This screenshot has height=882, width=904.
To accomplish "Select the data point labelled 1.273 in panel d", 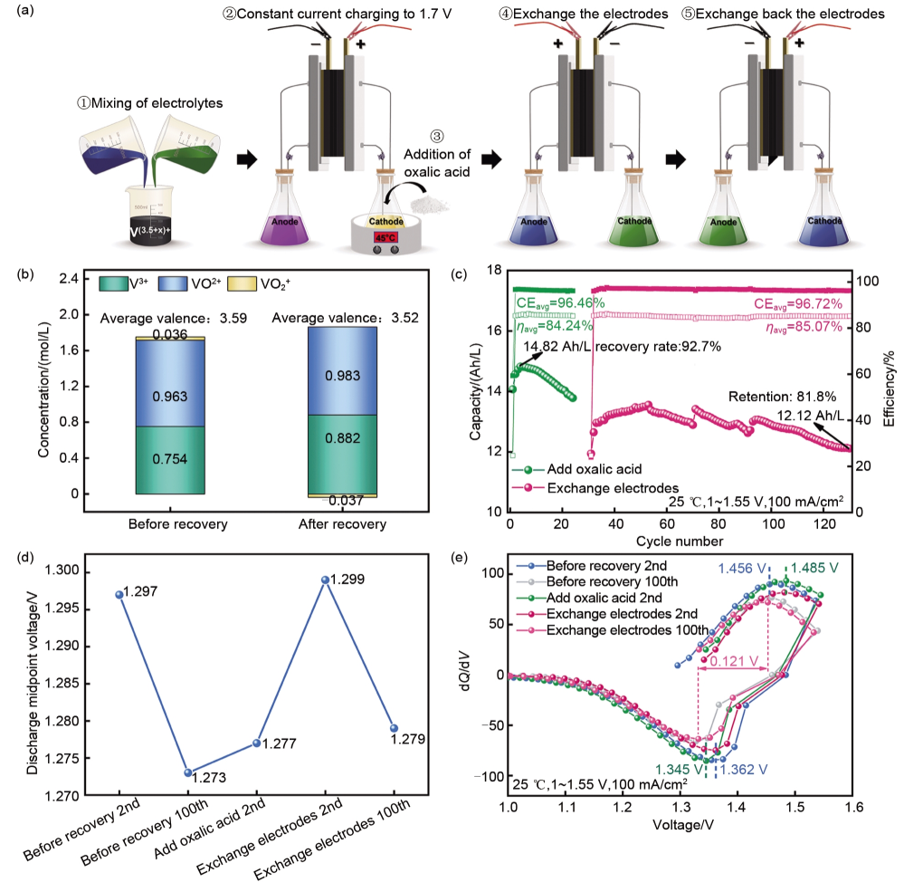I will coord(187,772).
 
